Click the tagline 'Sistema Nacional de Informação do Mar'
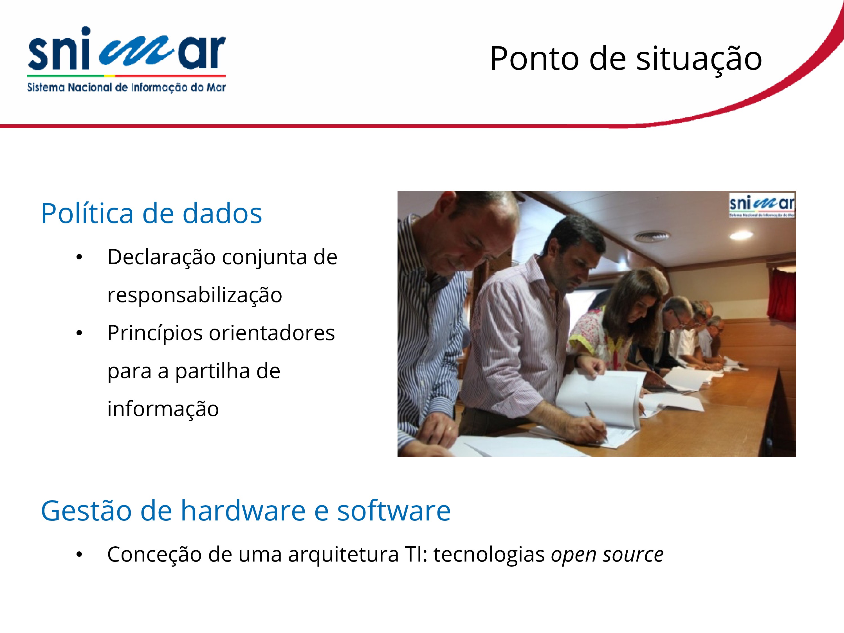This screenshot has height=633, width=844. pyautogui.click(x=126, y=87)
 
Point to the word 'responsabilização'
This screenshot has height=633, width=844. pyautogui.click(x=195, y=295)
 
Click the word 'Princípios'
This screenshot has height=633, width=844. pyautogui.click(x=155, y=333)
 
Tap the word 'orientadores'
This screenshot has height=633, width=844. pyautogui.click(x=272, y=333)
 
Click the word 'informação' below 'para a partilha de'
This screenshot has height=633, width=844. pyautogui.click(x=163, y=409)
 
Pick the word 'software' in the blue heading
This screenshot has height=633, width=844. pyautogui.click(x=394, y=511)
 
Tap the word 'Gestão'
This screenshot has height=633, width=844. pyautogui.click(x=86, y=511)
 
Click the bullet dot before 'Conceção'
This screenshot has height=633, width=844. pyautogui.click(x=79, y=555)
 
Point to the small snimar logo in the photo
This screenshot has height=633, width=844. pyautogui.click(x=762, y=205)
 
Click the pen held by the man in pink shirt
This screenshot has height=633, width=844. pyautogui.click(x=596, y=422)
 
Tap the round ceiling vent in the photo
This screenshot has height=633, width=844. pyautogui.click(x=651, y=237)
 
